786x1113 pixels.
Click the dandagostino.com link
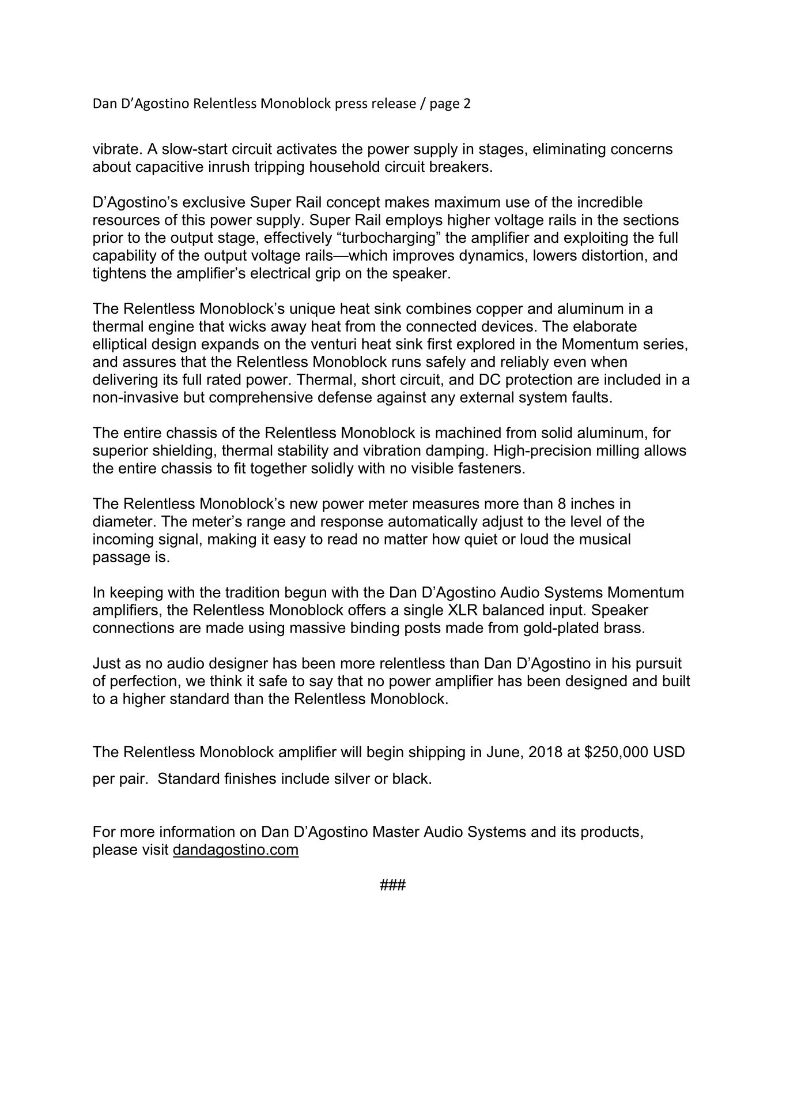pyautogui.click(x=235, y=850)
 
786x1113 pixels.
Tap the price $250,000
pyautogui.click(x=616, y=752)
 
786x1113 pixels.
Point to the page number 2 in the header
pyautogui.click(x=467, y=104)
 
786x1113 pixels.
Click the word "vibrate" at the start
pyautogui.click(x=116, y=149)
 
